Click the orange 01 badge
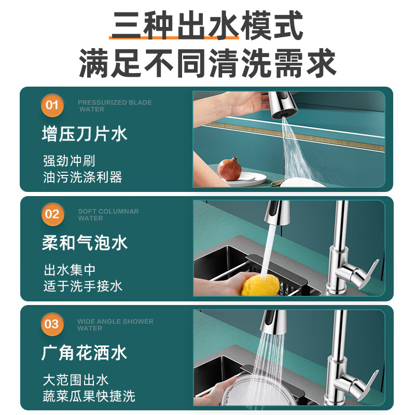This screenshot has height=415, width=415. point(52,105)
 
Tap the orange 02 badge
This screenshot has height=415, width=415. point(52,214)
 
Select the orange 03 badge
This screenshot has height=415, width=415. point(52,324)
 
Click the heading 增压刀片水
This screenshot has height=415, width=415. point(85,134)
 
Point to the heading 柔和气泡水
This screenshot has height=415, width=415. point(85,243)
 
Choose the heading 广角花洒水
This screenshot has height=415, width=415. point(84,353)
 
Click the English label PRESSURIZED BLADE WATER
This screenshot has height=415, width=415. point(115,106)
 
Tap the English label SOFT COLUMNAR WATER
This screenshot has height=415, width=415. point(108,215)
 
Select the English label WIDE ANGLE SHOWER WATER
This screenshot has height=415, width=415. point(115,325)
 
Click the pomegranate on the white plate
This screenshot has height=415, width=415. point(229,169)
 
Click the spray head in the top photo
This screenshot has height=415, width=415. point(282,105)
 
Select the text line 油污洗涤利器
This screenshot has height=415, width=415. point(82,177)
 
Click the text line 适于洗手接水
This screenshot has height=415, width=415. point(83,286)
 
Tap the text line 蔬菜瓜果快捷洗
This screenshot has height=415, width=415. point(89,396)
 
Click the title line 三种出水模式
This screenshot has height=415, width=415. point(207,25)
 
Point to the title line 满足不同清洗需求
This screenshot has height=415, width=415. point(207,63)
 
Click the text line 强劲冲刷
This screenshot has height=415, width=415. point(69,161)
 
